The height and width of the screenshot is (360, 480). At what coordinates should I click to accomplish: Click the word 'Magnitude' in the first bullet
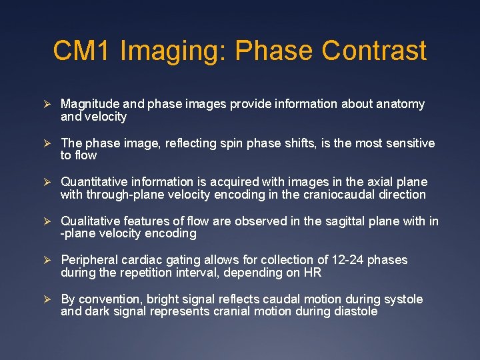(89, 104)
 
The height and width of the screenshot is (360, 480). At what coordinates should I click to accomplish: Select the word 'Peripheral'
(87, 259)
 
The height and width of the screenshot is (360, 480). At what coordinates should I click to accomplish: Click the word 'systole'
(400, 299)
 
